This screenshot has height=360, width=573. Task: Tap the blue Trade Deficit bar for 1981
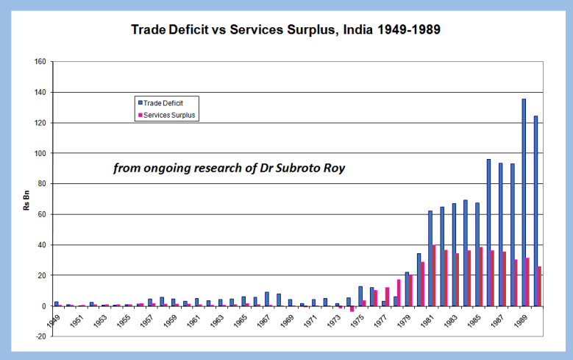[x=430, y=258]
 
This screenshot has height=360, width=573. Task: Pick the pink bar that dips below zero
[x=352, y=308]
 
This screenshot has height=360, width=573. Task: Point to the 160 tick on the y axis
[x=40, y=62]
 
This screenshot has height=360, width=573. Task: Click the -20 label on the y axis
[x=40, y=336]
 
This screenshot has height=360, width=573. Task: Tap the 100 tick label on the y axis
[x=40, y=153]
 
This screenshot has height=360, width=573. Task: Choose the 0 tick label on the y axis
[x=43, y=306]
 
